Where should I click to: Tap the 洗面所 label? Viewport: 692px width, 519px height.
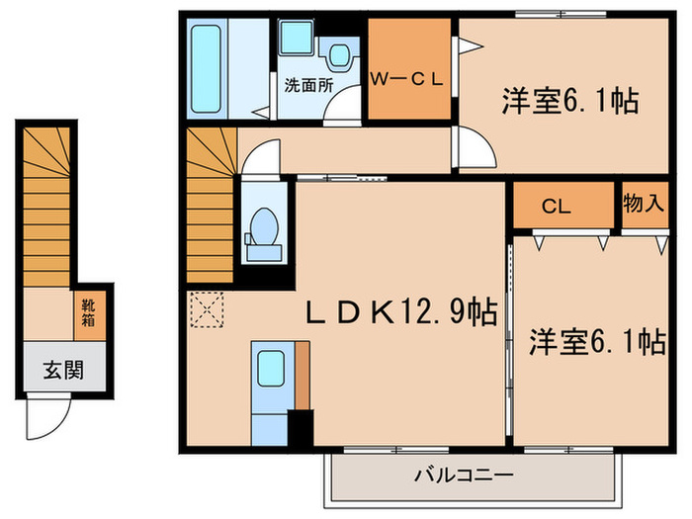[306, 85]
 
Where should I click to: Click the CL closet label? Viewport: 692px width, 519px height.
[557, 207]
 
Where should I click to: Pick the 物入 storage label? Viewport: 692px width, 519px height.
[644, 205]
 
